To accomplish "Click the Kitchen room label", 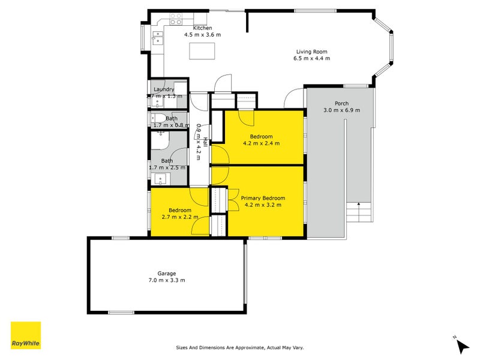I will coord(202,28).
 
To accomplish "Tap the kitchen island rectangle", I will coord(202,52).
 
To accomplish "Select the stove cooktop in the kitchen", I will coord(175,22).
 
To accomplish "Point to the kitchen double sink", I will coord(156,40).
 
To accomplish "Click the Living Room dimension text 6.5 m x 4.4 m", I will coord(311,58).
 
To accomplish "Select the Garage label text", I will coord(167,273).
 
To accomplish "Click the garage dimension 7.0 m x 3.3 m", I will coord(167,280).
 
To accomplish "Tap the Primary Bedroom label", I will coord(263,197).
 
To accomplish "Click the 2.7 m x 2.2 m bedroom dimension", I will coord(179,217).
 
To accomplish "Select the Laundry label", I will coord(164,89).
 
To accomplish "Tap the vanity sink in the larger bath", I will coord(160,178).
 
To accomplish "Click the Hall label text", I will coord(205,142).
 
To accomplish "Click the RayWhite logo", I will coord(26,335).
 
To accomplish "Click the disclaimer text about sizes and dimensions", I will coord(239,347).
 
